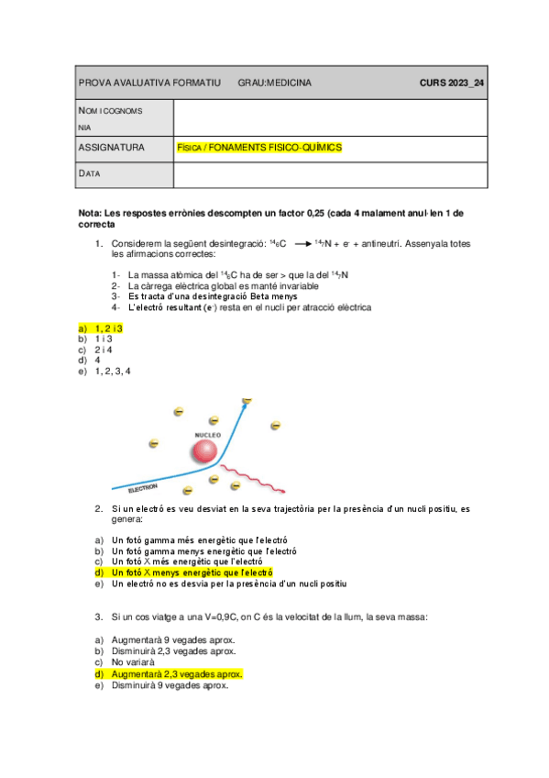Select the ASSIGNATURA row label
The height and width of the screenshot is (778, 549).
pyautogui.click(x=112, y=147)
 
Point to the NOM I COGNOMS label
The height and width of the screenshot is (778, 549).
pyautogui.click(x=110, y=110)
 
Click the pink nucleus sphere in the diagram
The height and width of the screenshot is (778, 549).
pyautogui.click(x=204, y=452)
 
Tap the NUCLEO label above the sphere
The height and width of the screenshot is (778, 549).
pyautogui.click(x=208, y=434)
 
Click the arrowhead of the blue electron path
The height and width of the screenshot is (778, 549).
pyautogui.click(x=246, y=401)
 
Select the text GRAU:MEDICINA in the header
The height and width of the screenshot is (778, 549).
pyautogui.click(x=274, y=83)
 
